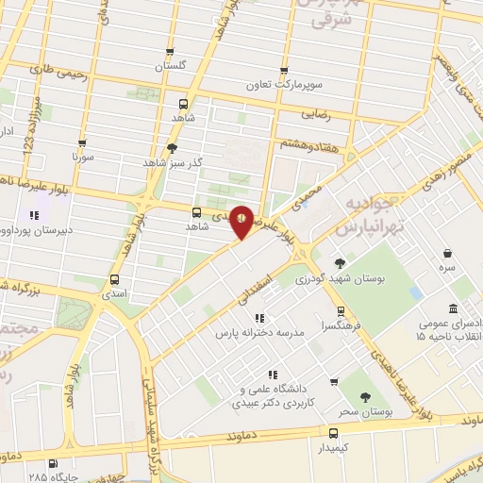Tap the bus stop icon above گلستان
[x=170, y=53]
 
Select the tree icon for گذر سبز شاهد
[x=171, y=147]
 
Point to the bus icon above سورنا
[x=82, y=144]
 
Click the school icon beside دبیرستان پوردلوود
[x=35, y=215]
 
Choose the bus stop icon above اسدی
[x=115, y=279]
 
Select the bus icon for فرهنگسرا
[x=340, y=310]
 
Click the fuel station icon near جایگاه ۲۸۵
[x=52, y=463]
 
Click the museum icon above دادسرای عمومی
[x=454, y=308]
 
